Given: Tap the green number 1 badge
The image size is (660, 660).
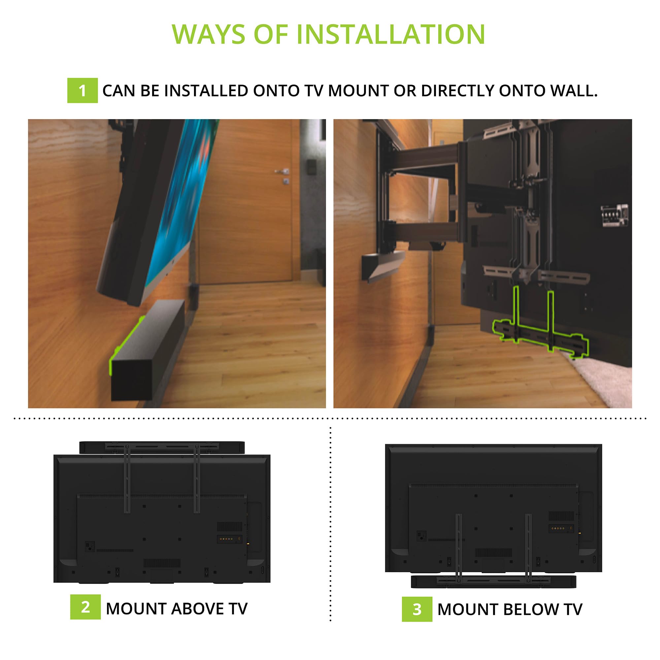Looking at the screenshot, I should pos(82,90).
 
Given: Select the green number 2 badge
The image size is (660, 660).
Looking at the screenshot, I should pos(85,607).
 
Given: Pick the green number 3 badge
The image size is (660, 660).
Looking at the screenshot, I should pos(417,609).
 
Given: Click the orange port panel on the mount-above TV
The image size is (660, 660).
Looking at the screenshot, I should pos(229,539).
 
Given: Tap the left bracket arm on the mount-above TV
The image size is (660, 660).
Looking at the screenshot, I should pos(127,478).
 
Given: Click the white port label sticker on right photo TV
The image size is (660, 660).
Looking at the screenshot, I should pos(614,215).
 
